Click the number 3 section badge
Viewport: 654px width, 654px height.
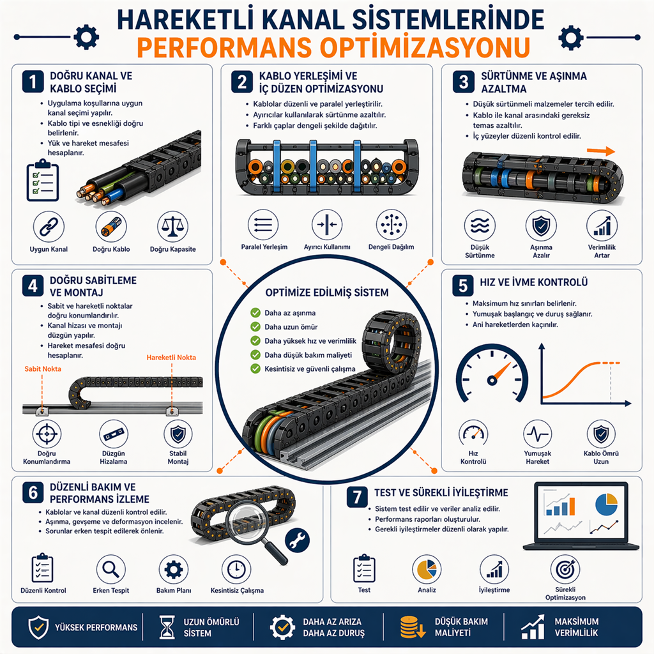tap(463, 82)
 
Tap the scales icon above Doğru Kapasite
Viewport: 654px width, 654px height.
tap(172, 227)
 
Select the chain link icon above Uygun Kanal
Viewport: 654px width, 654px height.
tap(49, 227)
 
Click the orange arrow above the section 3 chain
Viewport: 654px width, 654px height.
tap(600, 151)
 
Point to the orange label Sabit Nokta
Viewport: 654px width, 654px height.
tap(43, 369)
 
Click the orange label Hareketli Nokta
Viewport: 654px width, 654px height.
tap(171, 358)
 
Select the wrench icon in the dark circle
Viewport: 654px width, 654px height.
tap(297, 540)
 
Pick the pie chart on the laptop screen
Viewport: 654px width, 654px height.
tap(606, 505)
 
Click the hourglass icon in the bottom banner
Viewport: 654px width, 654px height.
tap(167, 627)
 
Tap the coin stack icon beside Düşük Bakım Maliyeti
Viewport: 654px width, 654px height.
tap(412, 627)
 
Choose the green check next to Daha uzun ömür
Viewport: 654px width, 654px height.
tap(255, 326)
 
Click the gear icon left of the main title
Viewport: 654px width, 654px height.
tap(86, 37)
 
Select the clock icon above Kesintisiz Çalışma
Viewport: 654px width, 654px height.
tap(236, 569)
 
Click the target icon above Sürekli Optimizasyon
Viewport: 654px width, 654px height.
tap(565, 569)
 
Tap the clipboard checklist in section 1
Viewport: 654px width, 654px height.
tap(43, 180)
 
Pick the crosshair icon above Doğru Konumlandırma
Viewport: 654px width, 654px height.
tap(47, 434)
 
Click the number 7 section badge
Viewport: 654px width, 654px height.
tap(357, 497)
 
